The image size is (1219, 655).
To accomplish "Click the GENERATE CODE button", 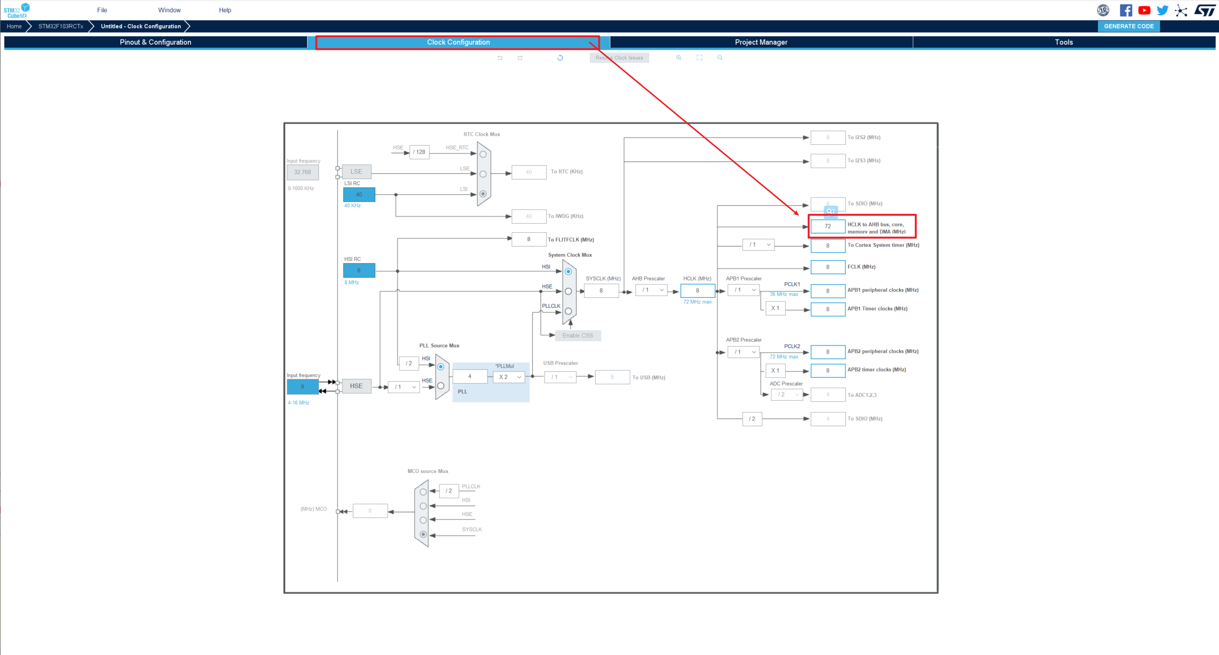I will [1128, 26].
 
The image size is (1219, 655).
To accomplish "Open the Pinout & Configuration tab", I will [155, 42].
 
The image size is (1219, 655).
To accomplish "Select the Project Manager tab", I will [760, 42].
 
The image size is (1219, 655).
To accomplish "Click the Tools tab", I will [1063, 42].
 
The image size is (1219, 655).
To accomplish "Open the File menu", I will [102, 10].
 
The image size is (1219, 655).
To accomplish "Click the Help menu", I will [225, 10].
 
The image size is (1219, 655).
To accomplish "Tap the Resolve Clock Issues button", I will [619, 58].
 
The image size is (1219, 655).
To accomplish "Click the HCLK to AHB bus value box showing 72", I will [828, 226].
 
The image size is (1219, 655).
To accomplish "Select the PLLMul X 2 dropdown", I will [509, 377].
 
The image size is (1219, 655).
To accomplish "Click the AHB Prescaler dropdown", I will [651, 290].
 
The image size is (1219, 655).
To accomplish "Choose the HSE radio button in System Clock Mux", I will [568, 291].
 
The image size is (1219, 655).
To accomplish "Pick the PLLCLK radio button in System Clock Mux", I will [568, 311].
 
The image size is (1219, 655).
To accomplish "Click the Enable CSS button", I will [578, 336].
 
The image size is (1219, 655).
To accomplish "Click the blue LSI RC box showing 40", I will [359, 194].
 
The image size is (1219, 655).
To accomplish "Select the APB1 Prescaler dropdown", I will [743, 290].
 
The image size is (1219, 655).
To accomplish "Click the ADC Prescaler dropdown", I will [787, 395].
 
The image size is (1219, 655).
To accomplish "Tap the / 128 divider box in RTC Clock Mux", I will [419, 152].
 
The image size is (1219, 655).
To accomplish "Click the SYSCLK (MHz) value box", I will [601, 290].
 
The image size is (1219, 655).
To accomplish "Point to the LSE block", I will [356, 171].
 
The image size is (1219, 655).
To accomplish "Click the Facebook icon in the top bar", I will [1126, 10].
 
